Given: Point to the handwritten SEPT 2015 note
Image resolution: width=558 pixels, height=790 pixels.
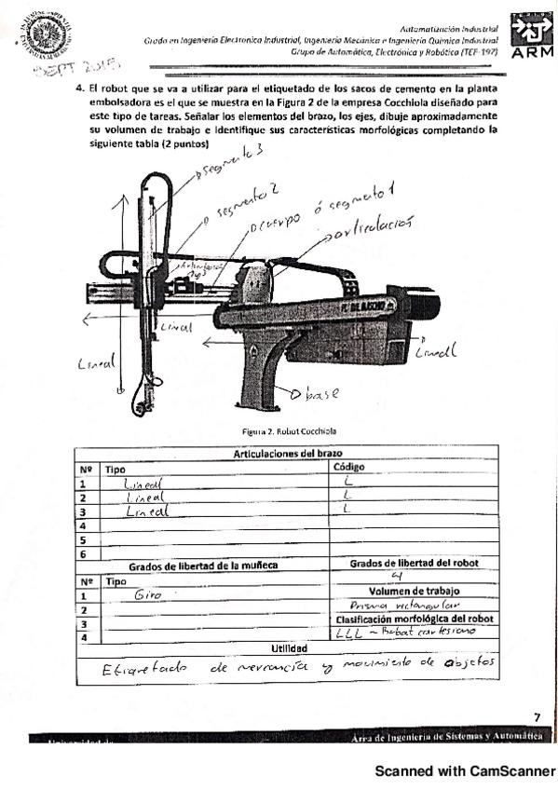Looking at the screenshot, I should pyautogui.click(x=78, y=68).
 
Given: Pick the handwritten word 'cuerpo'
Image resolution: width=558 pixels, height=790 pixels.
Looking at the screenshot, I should pyautogui.click(x=277, y=224).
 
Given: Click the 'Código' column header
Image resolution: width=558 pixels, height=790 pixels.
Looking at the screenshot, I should pyautogui.click(x=347, y=468).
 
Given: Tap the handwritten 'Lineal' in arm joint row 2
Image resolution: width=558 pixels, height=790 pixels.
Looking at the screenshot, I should pyautogui.click(x=143, y=499).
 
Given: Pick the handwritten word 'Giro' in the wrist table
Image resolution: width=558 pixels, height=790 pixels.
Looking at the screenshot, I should pyautogui.click(x=148, y=594).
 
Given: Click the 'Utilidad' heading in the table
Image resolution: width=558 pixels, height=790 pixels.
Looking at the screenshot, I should pyautogui.click(x=288, y=647).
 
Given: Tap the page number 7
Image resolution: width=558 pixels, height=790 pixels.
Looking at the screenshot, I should pyautogui.click(x=536, y=716).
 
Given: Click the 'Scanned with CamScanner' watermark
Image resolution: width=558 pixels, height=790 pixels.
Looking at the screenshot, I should pyautogui.click(x=464, y=770).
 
